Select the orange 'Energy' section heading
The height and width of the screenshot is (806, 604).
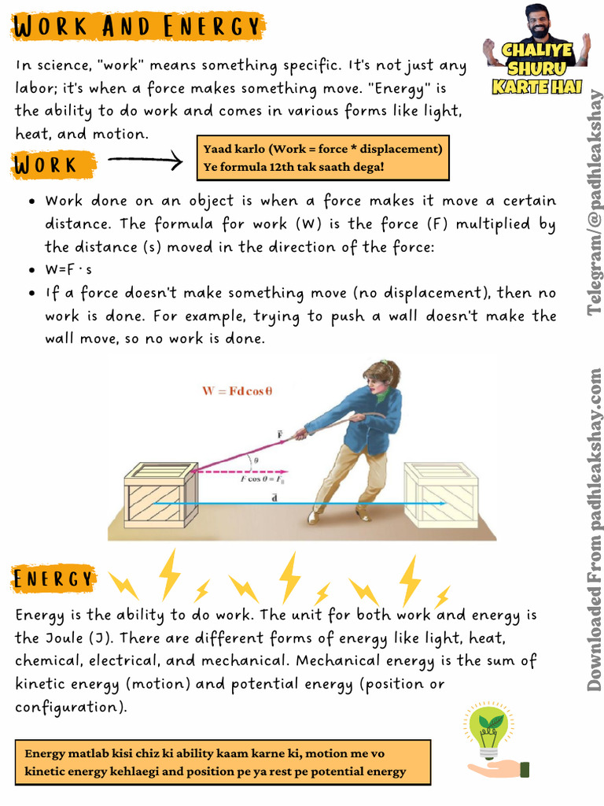[53, 579]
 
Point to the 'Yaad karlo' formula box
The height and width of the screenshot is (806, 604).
[322, 157]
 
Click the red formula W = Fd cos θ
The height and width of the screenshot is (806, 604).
[237, 391]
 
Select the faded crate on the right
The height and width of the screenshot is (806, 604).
[440, 496]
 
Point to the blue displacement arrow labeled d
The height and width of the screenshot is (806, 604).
[299, 503]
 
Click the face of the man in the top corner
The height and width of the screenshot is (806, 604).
[538, 23]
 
